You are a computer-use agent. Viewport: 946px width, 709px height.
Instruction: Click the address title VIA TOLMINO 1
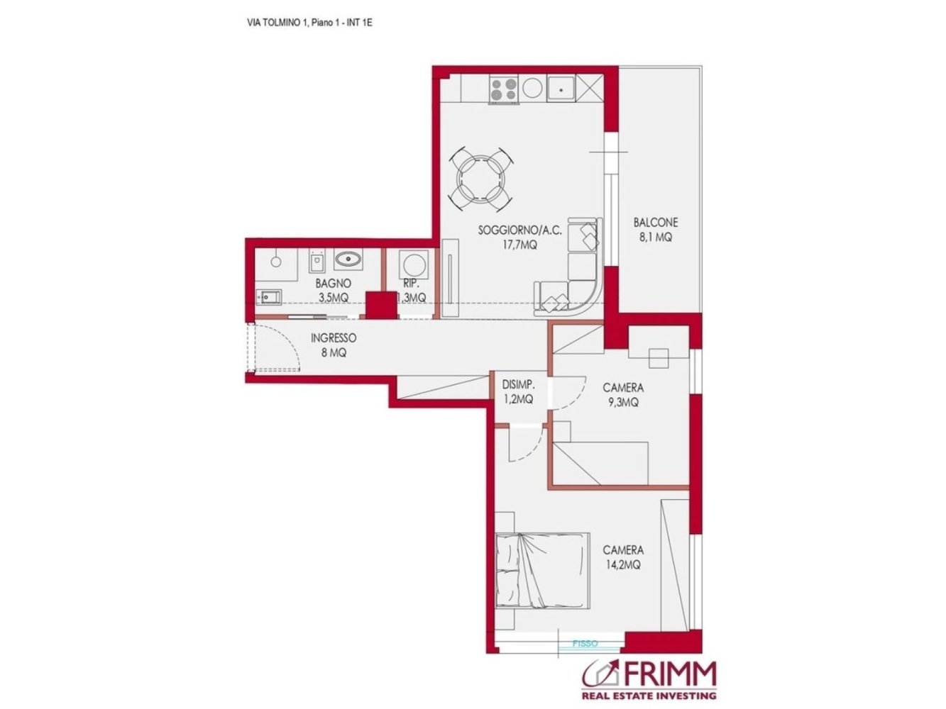point(309,23)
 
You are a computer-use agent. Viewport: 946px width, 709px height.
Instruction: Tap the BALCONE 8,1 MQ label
point(655,230)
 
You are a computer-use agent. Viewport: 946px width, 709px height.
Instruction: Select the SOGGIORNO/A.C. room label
point(519,237)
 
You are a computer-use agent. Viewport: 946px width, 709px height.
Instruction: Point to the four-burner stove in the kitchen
point(504,89)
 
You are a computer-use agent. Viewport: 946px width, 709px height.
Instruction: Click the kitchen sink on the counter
point(561,89)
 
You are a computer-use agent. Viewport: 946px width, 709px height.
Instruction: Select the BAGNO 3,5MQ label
point(333,291)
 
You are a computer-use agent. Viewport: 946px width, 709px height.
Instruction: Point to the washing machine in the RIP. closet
point(412,266)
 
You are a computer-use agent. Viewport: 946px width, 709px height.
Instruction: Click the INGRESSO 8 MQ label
point(333,345)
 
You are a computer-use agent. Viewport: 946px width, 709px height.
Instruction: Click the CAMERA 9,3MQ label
point(623,395)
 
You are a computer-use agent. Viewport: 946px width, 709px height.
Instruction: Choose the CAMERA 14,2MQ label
point(623,557)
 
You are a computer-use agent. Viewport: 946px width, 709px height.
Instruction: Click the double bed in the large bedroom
point(543,571)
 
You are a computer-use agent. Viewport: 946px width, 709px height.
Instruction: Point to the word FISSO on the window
point(585,644)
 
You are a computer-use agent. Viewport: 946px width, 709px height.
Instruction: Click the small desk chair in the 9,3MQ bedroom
point(659,357)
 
